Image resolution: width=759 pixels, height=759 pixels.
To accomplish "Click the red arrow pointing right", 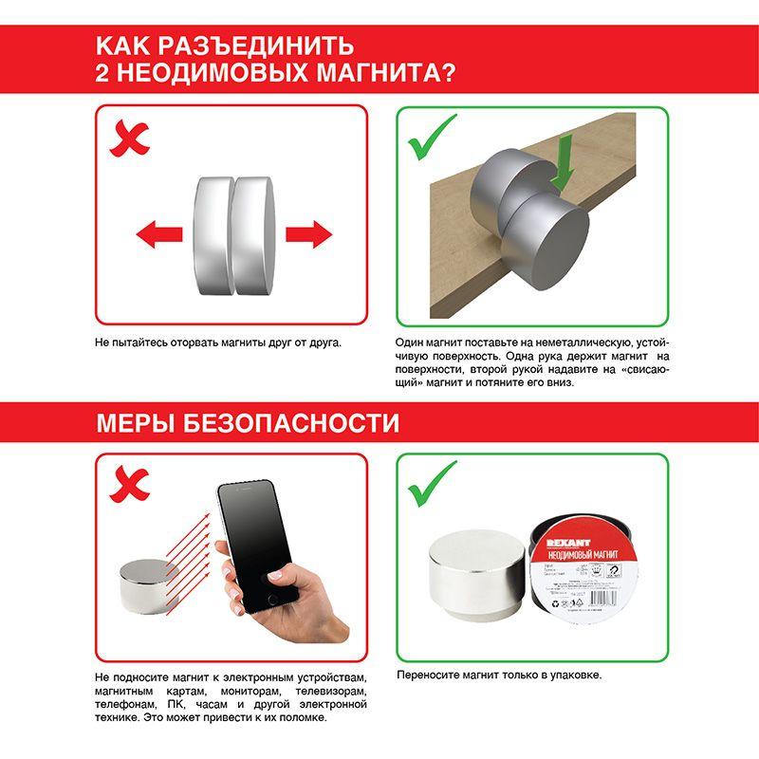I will pyautogui.click(x=308, y=232).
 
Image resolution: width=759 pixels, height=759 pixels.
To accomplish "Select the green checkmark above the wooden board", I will pyautogui.click(x=432, y=139).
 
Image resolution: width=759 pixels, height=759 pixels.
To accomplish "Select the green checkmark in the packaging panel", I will pyautogui.click(x=432, y=485).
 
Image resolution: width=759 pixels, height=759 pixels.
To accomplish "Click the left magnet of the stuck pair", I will pyautogui.click(x=211, y=234).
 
